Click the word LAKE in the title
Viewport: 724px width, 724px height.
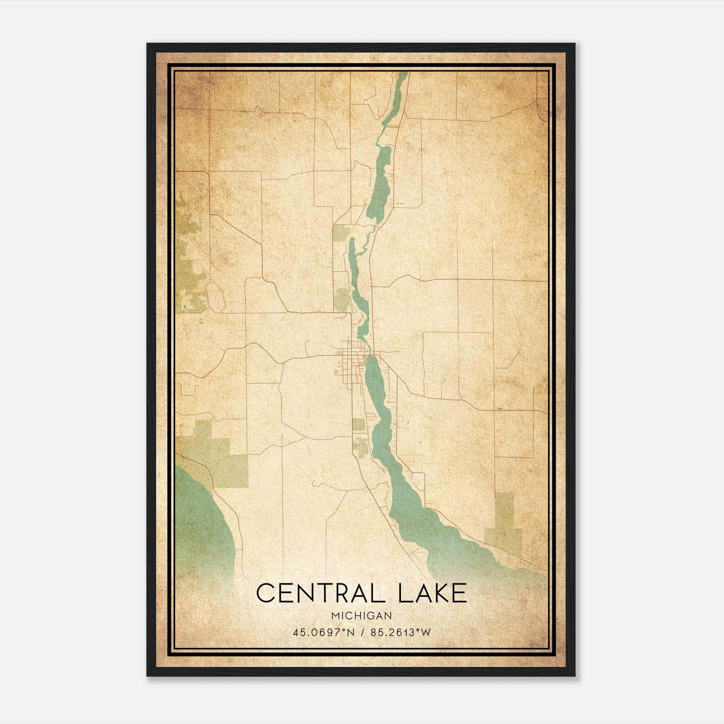point(433,593)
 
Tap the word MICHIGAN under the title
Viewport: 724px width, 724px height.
point(362,616)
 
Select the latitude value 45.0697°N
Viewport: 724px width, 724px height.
point(324,633)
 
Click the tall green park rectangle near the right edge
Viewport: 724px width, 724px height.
point(505,520)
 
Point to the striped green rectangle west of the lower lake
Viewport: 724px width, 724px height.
point(358,424)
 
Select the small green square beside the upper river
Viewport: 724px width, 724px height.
point(341,233)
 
